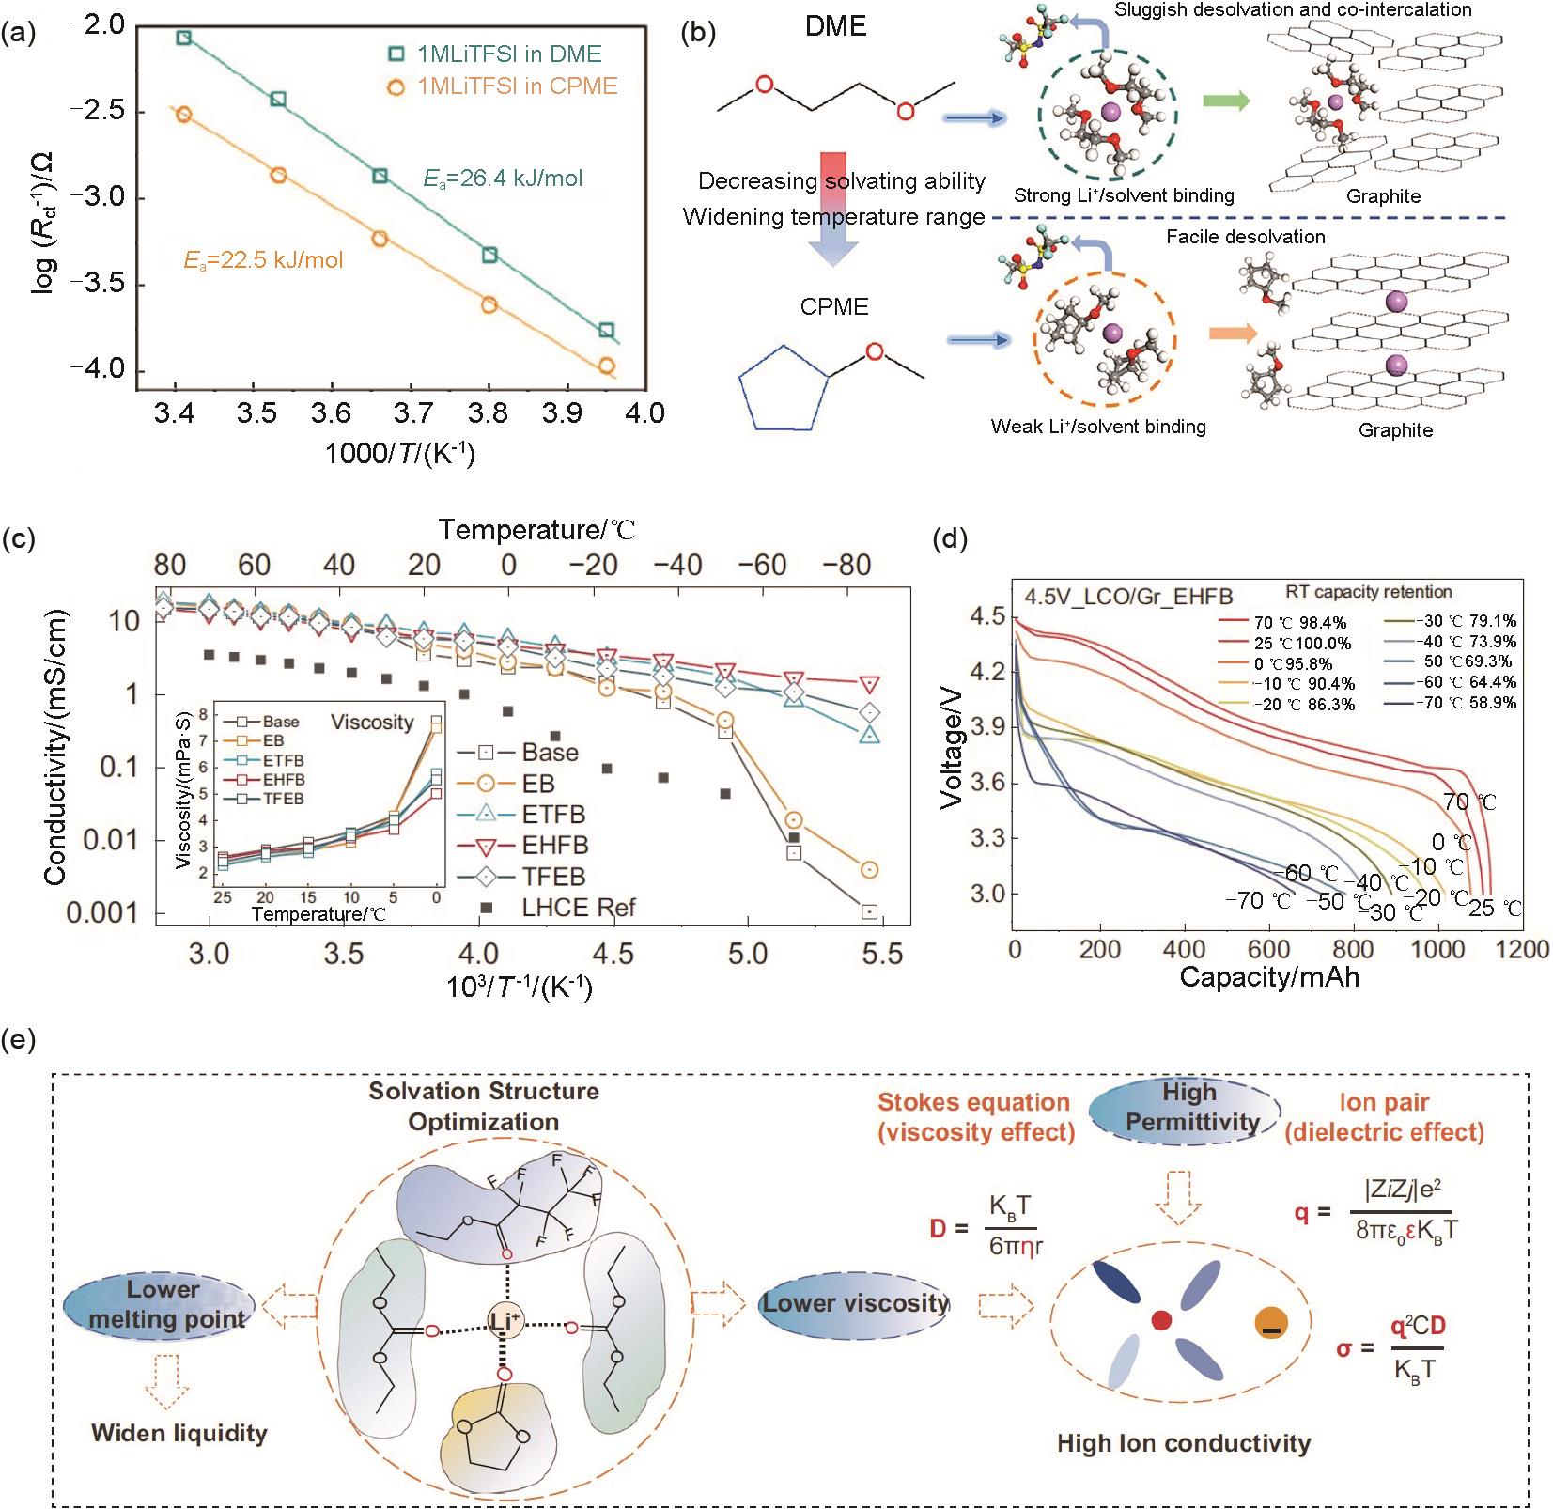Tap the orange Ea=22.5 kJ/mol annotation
click(263, 259)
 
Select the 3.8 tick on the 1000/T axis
click(489, 412)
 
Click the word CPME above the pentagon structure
click(834, 307)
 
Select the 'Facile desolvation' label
click(1245, 237)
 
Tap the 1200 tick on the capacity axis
click(1522, 949)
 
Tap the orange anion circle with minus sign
click(1271, 1324)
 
